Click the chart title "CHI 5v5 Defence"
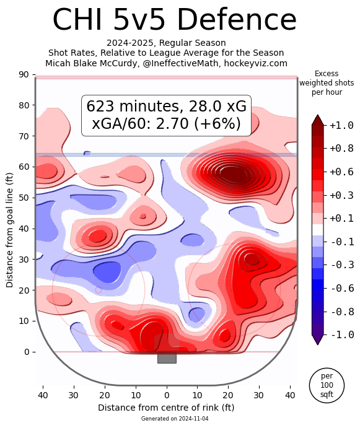tap(174, 20)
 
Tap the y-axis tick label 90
tap(24, 74)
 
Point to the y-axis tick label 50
tap(24, 198)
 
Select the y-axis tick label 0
tap(27, 352)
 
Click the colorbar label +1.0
tap(341, 125)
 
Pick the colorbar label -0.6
tap(342, 288)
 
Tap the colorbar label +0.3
tap(341, 196)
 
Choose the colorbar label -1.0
tap(342, 334)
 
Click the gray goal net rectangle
tap(167, 359)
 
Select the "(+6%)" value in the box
tap(217, 123)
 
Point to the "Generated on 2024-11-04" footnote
tap(175, 419)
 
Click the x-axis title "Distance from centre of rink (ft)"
tap(166, 408)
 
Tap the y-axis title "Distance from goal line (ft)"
tap(9, 230)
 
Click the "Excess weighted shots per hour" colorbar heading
tap(327, 83)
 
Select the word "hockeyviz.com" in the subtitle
tap(256, 63)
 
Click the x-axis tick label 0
tap(167, 395)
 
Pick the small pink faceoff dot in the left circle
tap(99, 290)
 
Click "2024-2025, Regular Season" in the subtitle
tap(166, 43)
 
